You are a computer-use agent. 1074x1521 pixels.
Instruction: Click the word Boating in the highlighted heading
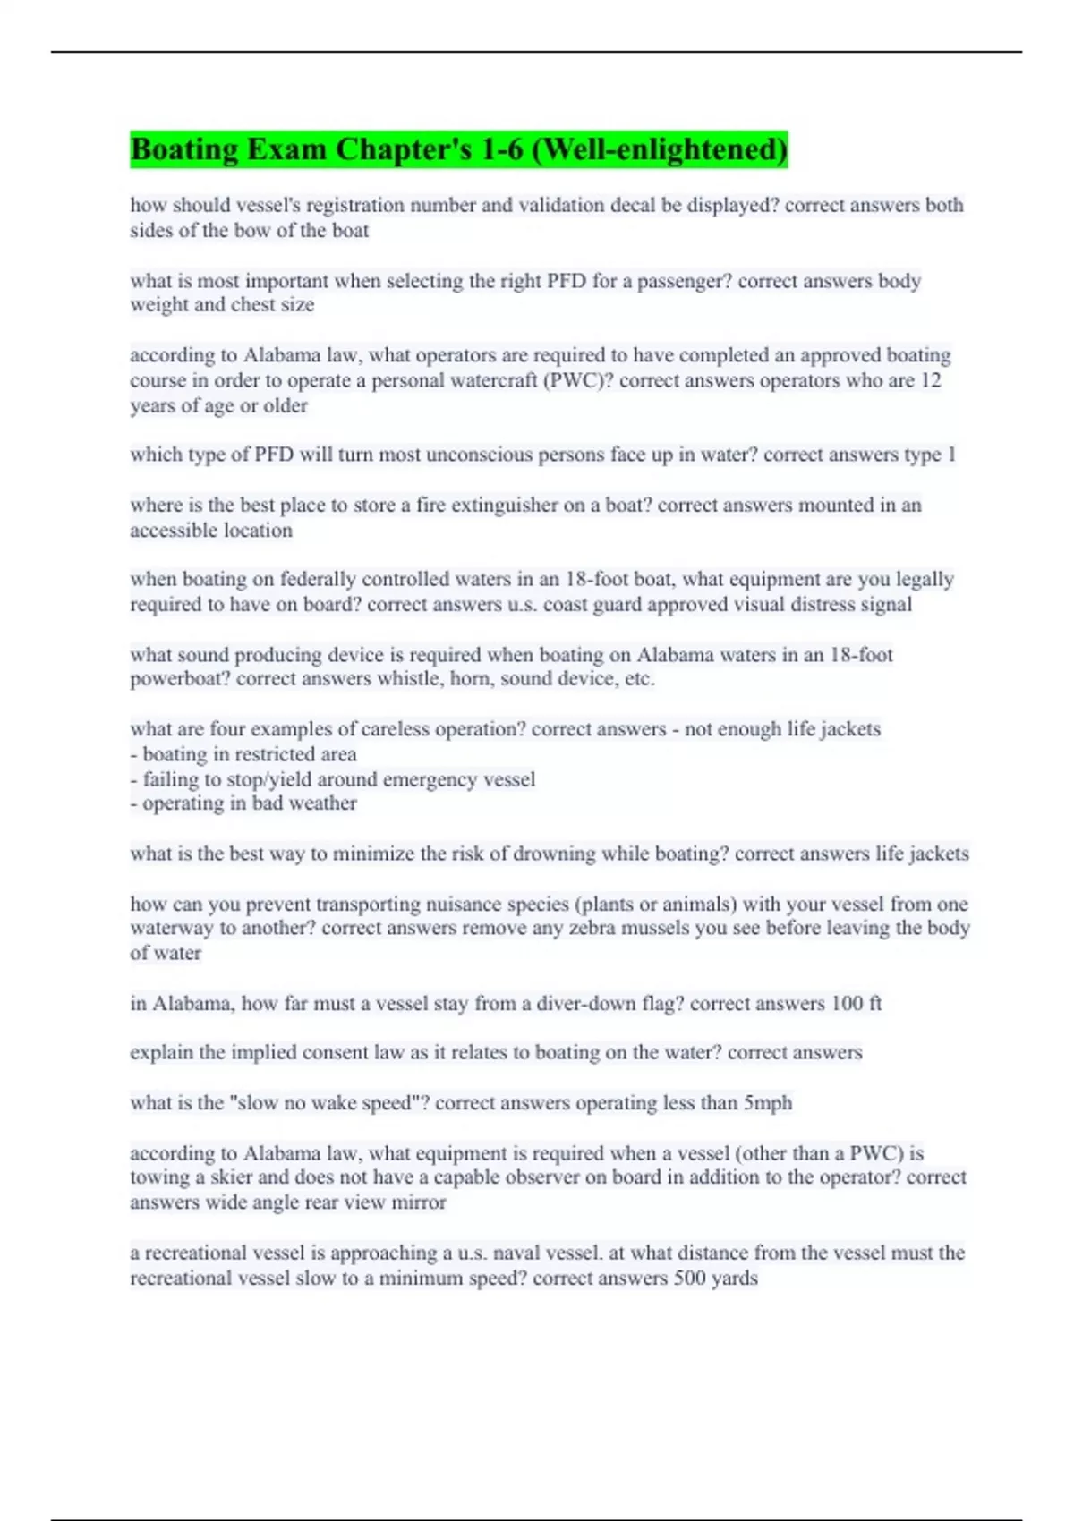click(183, 149)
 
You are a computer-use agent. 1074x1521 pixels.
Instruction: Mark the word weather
click(324, 803)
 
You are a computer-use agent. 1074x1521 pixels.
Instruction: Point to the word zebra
click(631, 928)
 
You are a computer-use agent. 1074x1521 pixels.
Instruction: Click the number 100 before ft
click(847, 1003)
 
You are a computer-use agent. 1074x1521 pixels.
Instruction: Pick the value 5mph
click(767, 1102)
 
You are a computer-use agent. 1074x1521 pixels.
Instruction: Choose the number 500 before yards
click(690, 1278)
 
